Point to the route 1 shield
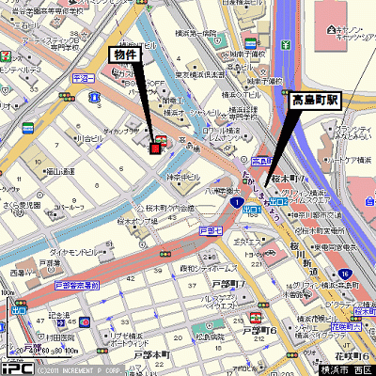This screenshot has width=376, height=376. pyautogui.click(x=240, y=202)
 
